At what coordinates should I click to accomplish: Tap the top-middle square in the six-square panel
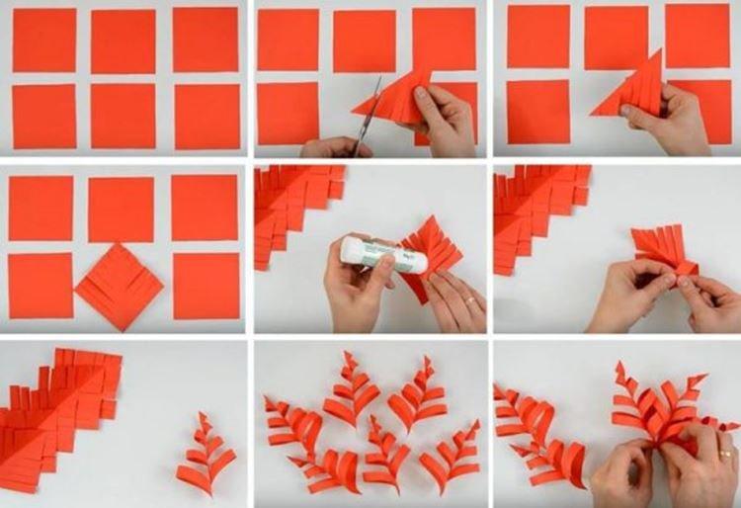tap(123, 40)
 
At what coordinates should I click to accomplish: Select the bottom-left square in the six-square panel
tap(43, 116)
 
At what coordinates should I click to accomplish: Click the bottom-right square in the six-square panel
tap(207, 116)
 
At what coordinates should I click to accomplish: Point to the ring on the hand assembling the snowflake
tap(725, 454)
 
